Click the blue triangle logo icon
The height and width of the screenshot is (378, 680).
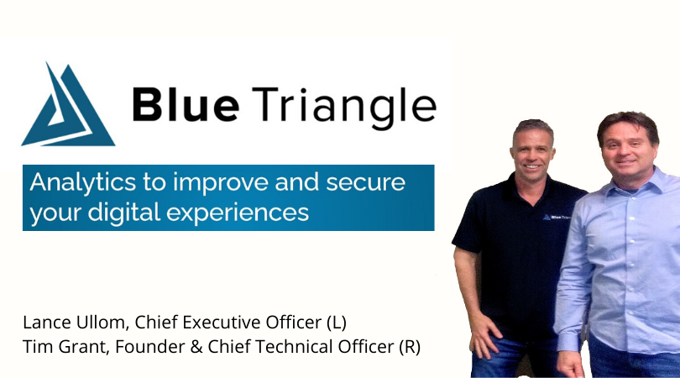[67, 105]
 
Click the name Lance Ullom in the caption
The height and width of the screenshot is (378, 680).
[60, 323]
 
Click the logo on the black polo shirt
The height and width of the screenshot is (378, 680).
[563, 216]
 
